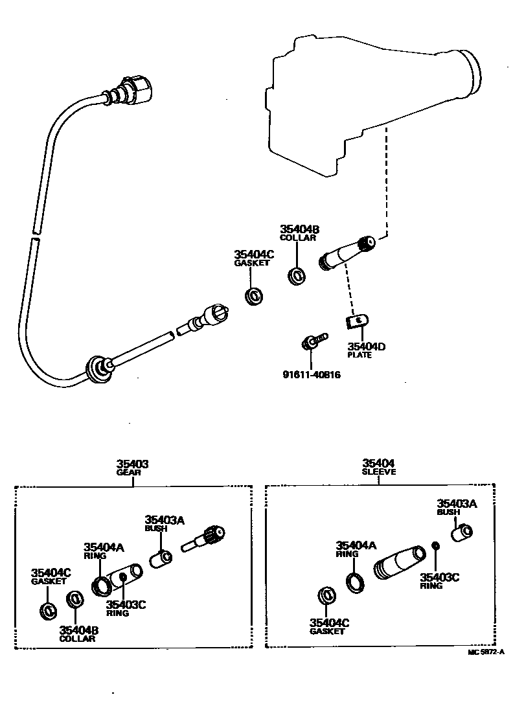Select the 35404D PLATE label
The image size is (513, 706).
coord(366,350)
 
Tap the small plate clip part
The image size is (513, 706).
coord(357,321)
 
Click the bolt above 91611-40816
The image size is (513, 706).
coord(313,341)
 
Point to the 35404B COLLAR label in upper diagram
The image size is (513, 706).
coord(299,233)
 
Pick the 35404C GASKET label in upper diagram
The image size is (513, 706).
coord(254,258)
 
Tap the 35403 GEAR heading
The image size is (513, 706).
coord(132,468)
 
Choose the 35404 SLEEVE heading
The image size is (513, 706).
coord(378,467)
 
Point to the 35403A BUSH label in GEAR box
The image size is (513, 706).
coord(165,523)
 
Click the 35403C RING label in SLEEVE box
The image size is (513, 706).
coord(439,580)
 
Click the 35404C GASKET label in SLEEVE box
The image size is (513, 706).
coord(330,626)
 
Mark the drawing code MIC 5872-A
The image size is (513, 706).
coord(486,652)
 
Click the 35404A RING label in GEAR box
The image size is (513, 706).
coord(103,551)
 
